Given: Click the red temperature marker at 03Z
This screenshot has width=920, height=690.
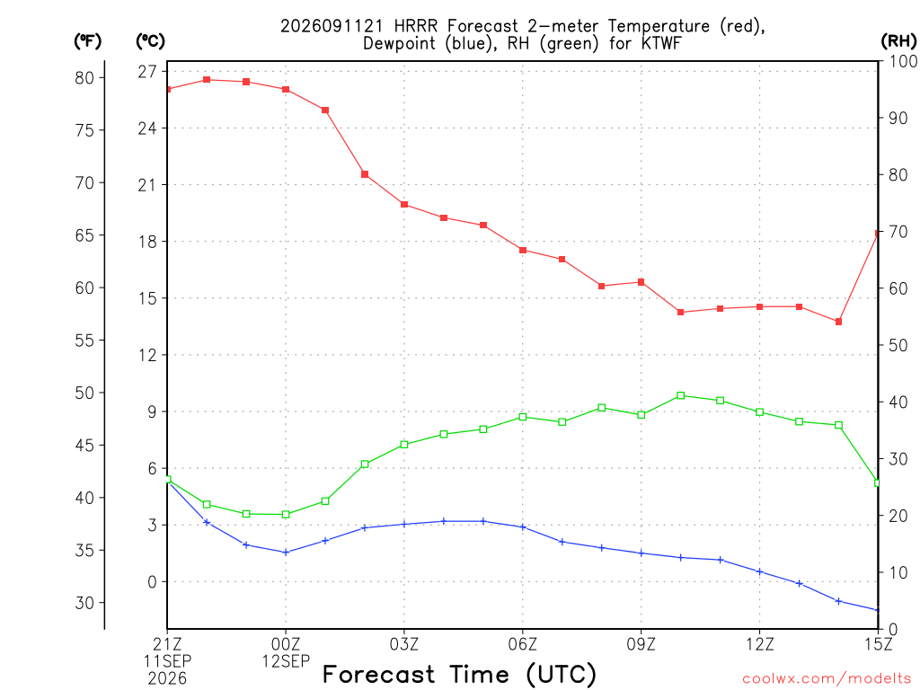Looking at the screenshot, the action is tap(404, 204).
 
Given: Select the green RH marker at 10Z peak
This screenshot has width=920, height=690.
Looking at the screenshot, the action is tap(681, 395).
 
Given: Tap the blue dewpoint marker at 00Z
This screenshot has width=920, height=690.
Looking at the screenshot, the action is tap(286, 553).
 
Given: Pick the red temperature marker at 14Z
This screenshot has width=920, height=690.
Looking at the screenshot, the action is tap(838, 322).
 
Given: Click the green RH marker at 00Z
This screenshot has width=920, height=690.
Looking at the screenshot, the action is tap(286, 515).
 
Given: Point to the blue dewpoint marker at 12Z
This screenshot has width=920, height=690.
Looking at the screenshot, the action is tap(759, 571).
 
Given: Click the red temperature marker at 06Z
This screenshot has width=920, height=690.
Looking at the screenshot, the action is tap(523, 250).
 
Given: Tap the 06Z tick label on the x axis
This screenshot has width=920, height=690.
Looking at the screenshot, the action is tap(522, 644).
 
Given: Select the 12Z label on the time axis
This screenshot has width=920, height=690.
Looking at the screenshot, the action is tap(759, 644).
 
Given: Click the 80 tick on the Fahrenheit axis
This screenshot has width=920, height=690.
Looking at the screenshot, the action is tap(84, 77).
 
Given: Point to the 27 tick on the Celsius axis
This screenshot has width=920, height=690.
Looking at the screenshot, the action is tap(148, 72).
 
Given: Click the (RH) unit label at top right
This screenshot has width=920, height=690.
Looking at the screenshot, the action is tap(898, 40).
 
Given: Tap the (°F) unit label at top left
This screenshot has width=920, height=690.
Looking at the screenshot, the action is tap(87, 41).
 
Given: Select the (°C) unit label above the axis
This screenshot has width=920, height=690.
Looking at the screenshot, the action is tap(150, 41).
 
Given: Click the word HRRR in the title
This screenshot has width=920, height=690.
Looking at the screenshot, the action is tap(415, 26).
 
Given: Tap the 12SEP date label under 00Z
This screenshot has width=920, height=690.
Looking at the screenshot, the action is tap(286, 661).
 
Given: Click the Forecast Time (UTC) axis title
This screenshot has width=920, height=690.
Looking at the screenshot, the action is tap(459, 674).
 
